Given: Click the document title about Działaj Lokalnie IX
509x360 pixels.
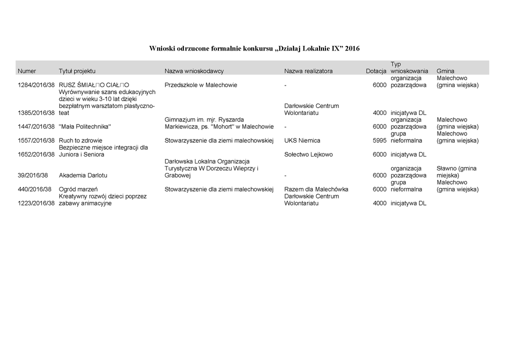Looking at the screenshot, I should point(254,48).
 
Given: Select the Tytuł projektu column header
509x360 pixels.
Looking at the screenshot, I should point(77,71).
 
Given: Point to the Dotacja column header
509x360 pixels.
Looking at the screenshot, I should point(376,71).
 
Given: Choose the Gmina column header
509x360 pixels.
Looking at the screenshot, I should point(445,71).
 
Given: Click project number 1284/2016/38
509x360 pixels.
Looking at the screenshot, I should point(36,85).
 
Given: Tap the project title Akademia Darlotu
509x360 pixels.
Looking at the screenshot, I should point(83,175).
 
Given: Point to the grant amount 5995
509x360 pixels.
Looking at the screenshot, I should point(379,140).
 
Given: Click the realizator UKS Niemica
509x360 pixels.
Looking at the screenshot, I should point(302,140).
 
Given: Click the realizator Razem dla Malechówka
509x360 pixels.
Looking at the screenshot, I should point(316,189).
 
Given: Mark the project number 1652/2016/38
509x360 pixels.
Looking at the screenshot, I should point(36,154).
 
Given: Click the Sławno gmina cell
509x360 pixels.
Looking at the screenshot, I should point(456,172).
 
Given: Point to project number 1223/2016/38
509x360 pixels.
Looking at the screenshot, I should point(36,203).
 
